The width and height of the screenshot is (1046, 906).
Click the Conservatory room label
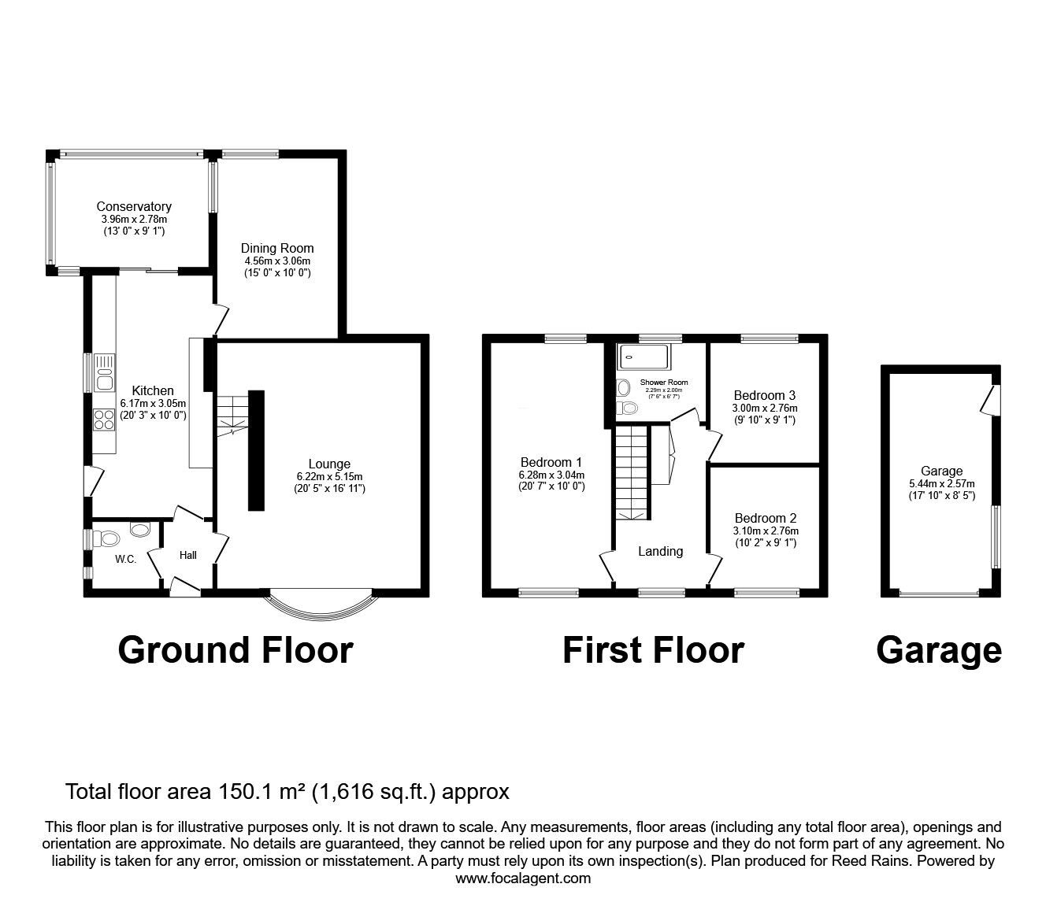click(134, 206)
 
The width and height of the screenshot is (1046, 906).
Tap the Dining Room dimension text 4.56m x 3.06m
click(277, 261)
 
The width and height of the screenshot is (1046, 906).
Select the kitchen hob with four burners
click(104, 420)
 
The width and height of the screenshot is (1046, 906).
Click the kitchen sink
click(104, 373)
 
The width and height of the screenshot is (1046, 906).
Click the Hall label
click(187, 555)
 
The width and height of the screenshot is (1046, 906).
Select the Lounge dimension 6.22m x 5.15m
click(329, 476)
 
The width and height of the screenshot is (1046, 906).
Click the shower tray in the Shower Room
click(642, 357)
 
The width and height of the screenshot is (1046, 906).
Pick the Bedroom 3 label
click(765, 395)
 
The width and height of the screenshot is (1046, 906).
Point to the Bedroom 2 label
click(766, 518)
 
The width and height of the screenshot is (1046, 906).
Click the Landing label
click(660, 551)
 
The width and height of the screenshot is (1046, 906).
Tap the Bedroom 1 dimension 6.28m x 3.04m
click(551, 475)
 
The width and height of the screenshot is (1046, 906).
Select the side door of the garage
click(990, 400)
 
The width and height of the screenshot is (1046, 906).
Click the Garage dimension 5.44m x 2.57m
click(942, 483)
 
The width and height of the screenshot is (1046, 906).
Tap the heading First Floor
click(653, 650)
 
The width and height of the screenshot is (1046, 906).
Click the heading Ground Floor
click(236, 650)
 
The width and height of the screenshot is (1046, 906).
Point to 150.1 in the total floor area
click(240, 792)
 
